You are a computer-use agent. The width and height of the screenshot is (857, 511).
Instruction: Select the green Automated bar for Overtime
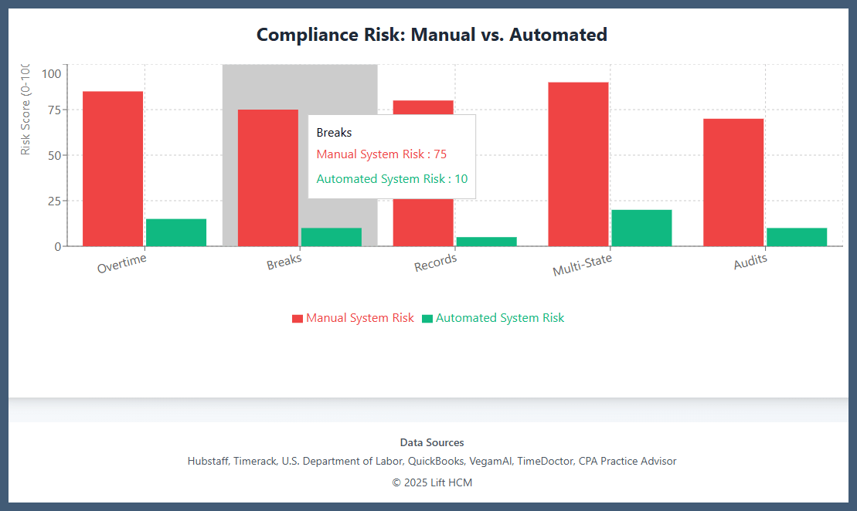tap(176, 232)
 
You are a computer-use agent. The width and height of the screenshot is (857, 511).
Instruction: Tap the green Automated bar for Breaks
tap(331, 237)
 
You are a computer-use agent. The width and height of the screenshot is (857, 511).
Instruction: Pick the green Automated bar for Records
tap(486, 241)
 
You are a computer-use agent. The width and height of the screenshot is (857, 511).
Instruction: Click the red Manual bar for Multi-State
tap(578, 164)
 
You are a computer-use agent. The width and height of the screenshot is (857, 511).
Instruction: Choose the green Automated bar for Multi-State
tap(641, 228)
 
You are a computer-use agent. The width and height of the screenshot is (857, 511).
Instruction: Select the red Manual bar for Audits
tap(733, 182)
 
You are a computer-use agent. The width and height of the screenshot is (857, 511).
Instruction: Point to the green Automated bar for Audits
tap(797, 237)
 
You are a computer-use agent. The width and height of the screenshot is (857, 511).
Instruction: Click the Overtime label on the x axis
tap(122, 264)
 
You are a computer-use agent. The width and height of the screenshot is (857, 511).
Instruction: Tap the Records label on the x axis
tap(436, 263)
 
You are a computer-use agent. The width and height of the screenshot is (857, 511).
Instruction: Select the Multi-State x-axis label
tap(582, 265)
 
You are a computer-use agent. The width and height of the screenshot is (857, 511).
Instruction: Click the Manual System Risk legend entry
tap(353, 318)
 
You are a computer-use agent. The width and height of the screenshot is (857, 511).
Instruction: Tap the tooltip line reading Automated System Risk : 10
tap(392, 179)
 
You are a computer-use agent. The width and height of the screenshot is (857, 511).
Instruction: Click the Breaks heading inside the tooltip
tap(334, 133)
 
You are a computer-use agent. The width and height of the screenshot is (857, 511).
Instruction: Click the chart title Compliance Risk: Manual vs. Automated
tap(431, 35)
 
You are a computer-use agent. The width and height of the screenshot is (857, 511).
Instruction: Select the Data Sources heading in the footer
tap(432, 442)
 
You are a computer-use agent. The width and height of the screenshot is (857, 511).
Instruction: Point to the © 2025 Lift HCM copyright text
tap(432, 482)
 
